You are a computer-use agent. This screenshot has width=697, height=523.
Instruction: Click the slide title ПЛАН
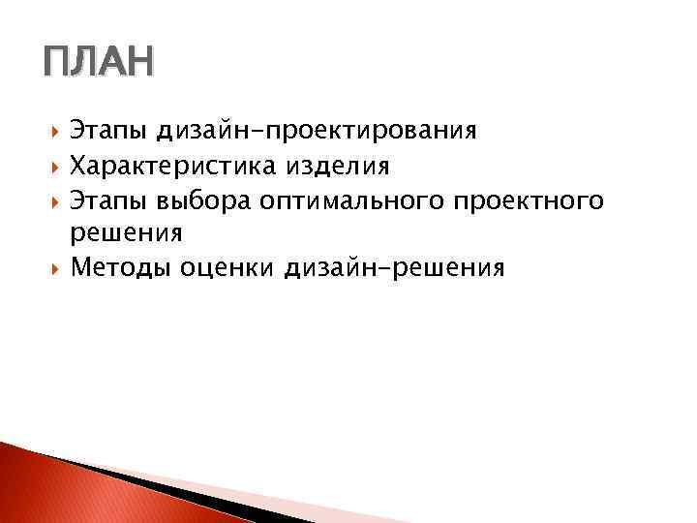tap(98, 65)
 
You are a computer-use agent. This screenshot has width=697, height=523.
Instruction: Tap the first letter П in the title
tap(56, 65)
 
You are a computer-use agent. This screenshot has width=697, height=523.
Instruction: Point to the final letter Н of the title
tap(138, 65)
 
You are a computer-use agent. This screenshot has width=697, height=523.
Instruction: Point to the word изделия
tap(337, 167)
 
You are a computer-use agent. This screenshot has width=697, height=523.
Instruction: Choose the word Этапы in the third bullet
tap(107, 201)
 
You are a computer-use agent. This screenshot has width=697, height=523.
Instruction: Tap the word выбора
tap(203, 201)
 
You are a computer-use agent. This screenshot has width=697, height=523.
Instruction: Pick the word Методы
tap(121, 268)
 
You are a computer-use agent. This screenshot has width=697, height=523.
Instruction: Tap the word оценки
tap(228, 268)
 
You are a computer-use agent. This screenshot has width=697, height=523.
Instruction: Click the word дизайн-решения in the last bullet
tap(395, 268)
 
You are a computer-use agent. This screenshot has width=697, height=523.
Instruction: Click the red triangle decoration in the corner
tap(58, 489)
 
